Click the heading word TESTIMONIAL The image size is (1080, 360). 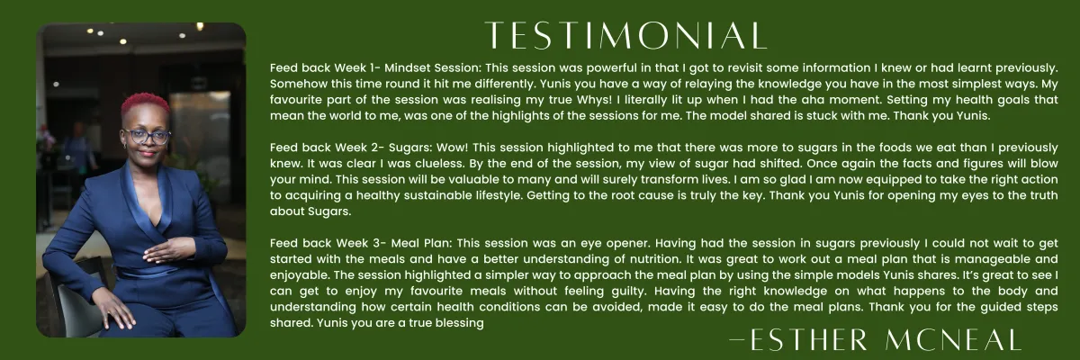point(625,35)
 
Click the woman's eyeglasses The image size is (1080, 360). point(146,137)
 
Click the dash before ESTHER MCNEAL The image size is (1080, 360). point(738,339)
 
